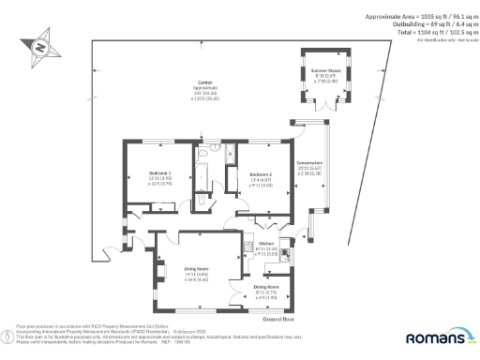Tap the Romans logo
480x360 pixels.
click(439, 337)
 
